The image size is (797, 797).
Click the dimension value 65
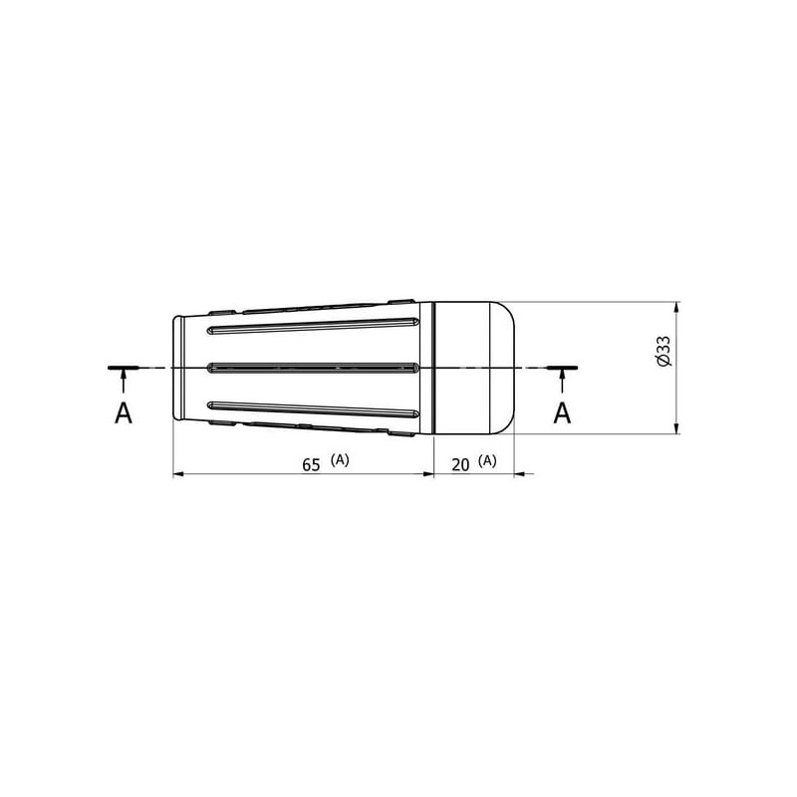pyautogui.click(x=311, y=465)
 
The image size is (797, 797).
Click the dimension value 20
pyautogui.click(x=460, y=465)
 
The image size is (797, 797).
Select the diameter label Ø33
pyautogui.click(x=664, y=351)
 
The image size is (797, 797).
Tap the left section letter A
pyautogui.click(x=124, y=412)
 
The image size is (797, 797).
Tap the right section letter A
pyautogui.click(x=562, y=412)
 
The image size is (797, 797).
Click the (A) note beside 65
pyautogui.click(x=340, y=460)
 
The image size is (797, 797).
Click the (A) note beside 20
pyautogui.click(x=487, y=460)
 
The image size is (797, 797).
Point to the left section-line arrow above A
pyautogui.click(x=123, y=381)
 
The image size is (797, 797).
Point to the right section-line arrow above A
pyautogui.click(x=562, y=381)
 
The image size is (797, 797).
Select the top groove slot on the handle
pyautogui.click(x=313, y=326)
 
